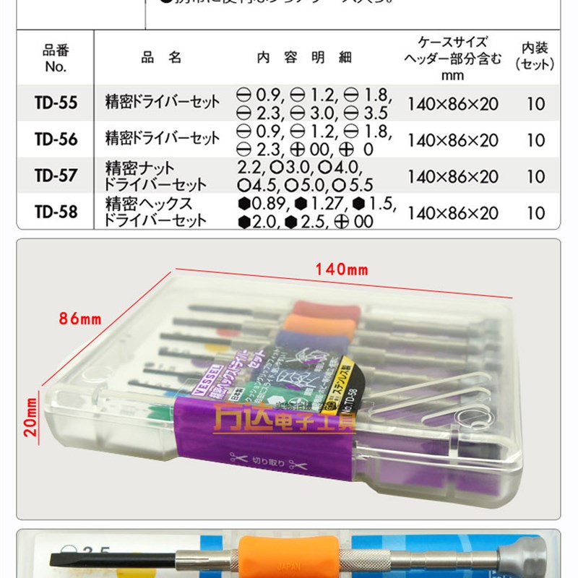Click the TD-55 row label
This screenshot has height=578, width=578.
pyautogui.click(x=55, y=103)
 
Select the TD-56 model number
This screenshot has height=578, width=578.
pyautogui.click(x=55, y=139)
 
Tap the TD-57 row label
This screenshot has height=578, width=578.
pyautogui.click(x=55, y=176)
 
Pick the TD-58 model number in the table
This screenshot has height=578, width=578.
pyautogui.click(x=55, y=212)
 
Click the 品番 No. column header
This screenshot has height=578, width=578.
pyautogui.click(x=55, y=58)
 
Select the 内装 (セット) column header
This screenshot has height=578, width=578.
pyautogui.click(x=535, y=56)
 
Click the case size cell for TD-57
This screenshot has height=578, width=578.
pyautogui.click(x=452, y=176)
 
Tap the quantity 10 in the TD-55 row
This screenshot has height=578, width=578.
pyautogui.click(x=535, y=103)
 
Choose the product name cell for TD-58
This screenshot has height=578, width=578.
pyautogui.click(x=156, y=212)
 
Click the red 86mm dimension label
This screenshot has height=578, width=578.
pyautogui.click(x=80, y=317)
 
